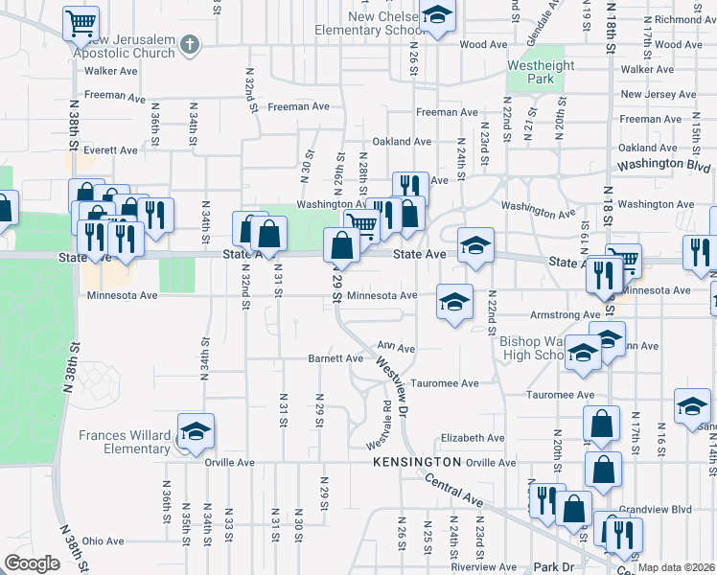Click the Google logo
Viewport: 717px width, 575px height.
tap(32, 563)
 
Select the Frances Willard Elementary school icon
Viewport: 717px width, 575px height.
tap(196, 432)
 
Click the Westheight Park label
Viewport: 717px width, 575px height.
tap(541, 73)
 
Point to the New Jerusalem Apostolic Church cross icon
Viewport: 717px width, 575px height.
tap(190, 44)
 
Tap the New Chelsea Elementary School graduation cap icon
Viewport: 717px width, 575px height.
tap(437, 15)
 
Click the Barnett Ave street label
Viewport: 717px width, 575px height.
tap(335, 358)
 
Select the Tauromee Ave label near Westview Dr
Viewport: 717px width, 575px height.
tap(445, 383)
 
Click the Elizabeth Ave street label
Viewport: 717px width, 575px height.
tap(473, 438)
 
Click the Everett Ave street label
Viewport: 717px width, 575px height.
tap(110, 150)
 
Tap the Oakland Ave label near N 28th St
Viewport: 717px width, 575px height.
tap(402, 141)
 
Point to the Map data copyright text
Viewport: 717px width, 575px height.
tap(677, 567)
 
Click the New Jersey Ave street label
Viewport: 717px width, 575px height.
tap(659, 94)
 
